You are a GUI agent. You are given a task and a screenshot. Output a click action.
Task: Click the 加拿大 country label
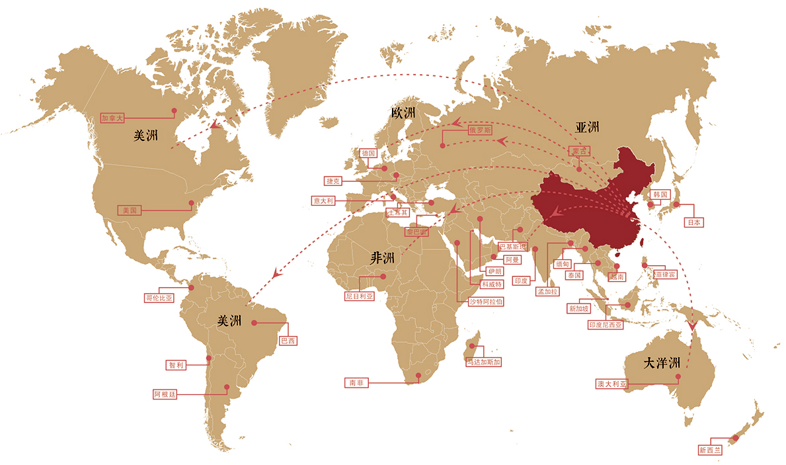pyautogui.click(x=112, y=118)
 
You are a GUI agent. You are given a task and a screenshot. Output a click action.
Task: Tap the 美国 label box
pyautogui.click(x=129, y=210)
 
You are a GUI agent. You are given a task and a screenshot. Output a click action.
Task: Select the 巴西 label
pyautogui.click(x=288, y=341)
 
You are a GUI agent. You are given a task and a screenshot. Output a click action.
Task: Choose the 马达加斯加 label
pyautogui.click(x=483, y=362)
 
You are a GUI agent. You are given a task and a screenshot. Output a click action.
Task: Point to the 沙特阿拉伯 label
pyautogui.click(x=486, y=301)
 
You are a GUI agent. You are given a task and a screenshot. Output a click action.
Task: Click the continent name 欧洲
pyautogui.click(x=403, y=113)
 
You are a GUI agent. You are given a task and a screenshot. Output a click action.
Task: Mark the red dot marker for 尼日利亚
pyautogui.click(x=382, y=276)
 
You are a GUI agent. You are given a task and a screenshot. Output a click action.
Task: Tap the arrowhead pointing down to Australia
pyautogui.click(x=692, y=325)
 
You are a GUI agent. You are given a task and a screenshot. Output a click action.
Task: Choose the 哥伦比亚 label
pyautogui.click(x=159, y=298)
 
